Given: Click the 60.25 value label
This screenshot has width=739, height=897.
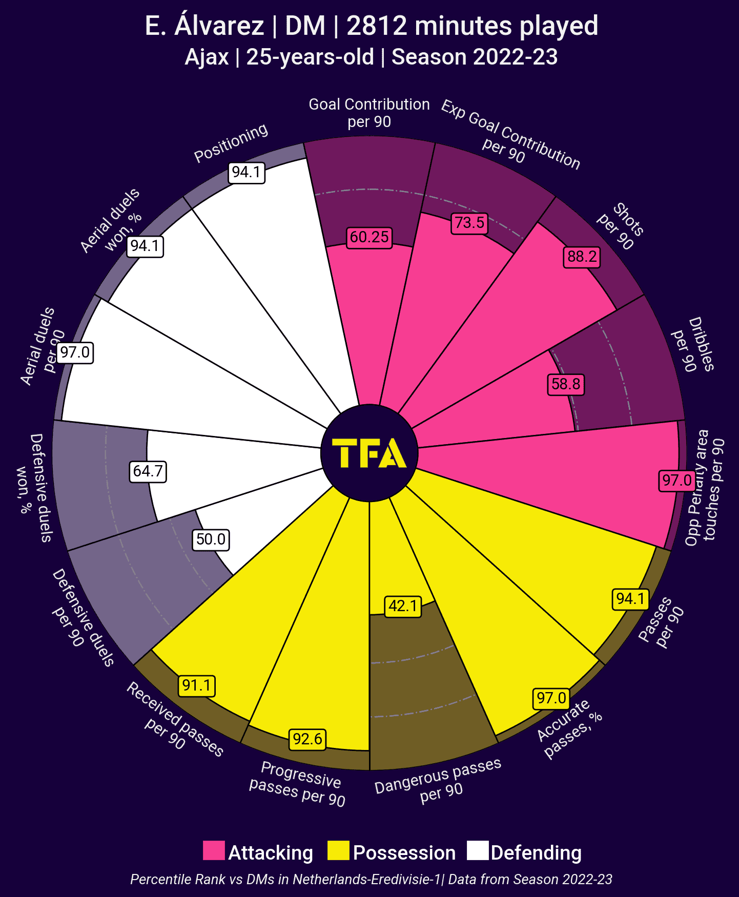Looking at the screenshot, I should coord(369,237).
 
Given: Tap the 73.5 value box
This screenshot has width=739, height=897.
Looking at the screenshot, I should coord(469,223).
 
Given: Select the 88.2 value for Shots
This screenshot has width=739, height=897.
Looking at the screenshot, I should coord(582,256).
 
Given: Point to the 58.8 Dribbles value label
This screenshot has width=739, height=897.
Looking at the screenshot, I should coord(566,384).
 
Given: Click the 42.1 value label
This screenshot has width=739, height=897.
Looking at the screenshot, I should coord(403,606).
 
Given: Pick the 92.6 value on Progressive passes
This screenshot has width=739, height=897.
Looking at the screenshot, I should coord(307,739).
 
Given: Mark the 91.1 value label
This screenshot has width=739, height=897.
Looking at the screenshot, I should coord(197,685).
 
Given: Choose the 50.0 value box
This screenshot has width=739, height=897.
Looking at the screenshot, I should coord(211,539).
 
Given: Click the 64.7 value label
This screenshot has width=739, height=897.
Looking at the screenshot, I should coord(148,471).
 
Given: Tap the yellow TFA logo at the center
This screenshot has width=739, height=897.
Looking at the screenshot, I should coord(369,453).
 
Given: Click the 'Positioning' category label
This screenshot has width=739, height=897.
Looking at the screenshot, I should coord(231,143).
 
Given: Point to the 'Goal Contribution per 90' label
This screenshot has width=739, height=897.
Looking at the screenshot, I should coord(369,113).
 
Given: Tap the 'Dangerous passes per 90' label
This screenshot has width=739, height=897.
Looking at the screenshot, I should coord(439,780).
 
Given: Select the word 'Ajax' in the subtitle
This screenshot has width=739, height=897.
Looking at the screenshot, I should coord(207,57).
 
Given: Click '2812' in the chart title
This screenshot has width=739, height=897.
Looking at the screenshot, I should coord(378,26).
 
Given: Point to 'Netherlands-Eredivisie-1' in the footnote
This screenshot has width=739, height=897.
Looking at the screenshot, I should coord(367,880).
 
